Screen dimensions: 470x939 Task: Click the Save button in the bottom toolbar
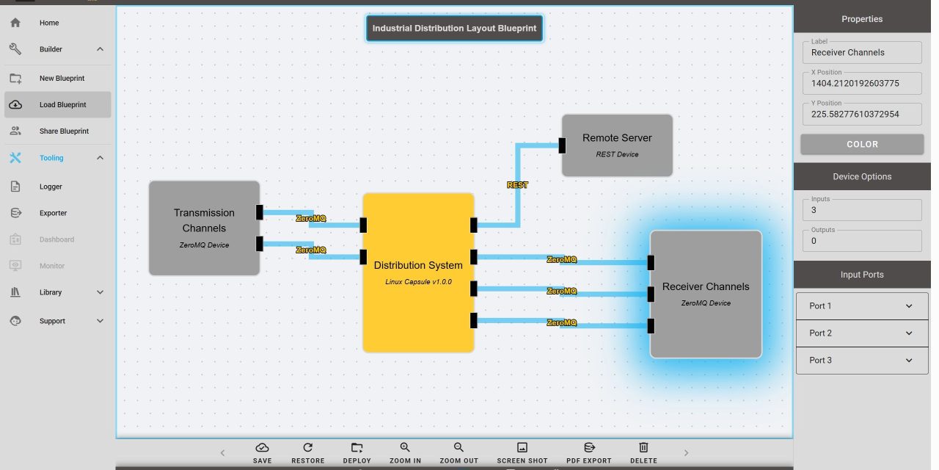coord(262,452)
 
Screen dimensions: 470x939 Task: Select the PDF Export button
coord(588,452)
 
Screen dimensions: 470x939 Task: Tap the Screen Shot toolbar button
coord(522,452)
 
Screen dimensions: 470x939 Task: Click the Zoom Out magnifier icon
coord(458,447)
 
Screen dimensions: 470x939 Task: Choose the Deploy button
coord(357,452)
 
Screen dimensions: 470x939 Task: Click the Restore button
coord(307,452)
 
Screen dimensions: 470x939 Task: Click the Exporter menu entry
coord(53,213)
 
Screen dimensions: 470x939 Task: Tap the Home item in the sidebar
coord(49,23)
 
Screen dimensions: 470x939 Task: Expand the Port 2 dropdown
coord(862,333)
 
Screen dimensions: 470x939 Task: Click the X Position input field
coord(861,84)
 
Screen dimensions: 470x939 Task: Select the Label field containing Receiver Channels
coord(861,53)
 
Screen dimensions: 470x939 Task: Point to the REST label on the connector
coord(517,185)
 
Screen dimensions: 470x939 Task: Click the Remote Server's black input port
coord(562,145)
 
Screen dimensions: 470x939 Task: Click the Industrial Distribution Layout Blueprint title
coord(454,29)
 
